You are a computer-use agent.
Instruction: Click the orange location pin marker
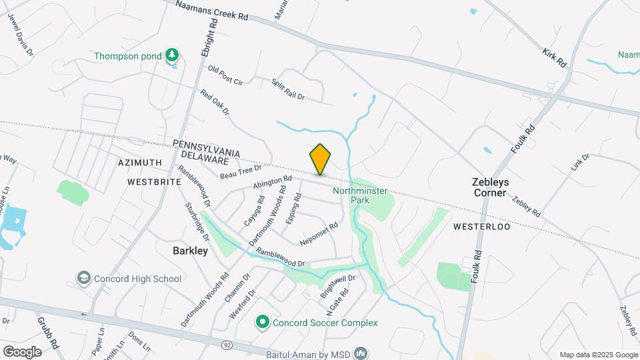pos(320,159)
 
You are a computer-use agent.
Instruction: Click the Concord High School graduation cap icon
pos(84,278)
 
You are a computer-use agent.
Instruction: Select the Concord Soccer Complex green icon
pos(263,323)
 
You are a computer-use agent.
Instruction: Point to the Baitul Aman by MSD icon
pos(361,351)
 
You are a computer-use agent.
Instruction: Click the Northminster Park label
pos(360,195)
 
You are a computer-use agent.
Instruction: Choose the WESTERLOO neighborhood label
pos(481,227)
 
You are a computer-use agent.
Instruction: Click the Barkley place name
pos(190,251)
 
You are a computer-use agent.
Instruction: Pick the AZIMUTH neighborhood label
pos(139,163)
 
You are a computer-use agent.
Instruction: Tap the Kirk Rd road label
pos(554,57)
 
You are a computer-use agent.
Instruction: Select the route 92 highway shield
pos(227,345)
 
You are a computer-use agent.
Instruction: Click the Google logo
pos(22,351)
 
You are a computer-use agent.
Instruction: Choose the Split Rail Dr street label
pos(288,89)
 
